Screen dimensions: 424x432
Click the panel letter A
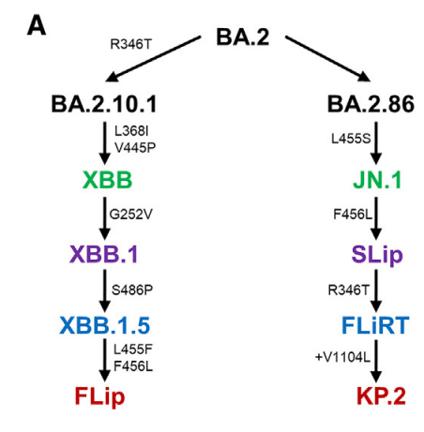(37, 25)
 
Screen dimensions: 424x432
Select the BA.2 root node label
(243, 37)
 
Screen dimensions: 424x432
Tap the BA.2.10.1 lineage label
(104, 104)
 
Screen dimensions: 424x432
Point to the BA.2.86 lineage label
(371, 104)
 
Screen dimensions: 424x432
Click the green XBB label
(107, 180)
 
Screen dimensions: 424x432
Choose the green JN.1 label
(377, 180)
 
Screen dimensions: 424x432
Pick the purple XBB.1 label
(104, 254)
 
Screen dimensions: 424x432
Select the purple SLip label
(377, 256)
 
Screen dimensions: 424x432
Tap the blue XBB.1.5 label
(105, 325)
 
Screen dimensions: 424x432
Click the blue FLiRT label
(375, 325)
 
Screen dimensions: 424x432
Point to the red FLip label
(99, 396)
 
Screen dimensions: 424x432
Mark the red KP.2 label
(381, 396)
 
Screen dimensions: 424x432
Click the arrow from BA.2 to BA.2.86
(327, 59)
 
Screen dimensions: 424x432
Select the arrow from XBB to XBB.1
(105, 218)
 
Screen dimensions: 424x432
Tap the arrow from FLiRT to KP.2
(376, 361)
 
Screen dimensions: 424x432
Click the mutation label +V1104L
(342, 357)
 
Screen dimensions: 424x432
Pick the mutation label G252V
(130, 215)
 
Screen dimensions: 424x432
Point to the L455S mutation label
(351, 139)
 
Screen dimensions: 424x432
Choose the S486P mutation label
(132, 290)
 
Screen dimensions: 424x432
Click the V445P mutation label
(135, 148)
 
